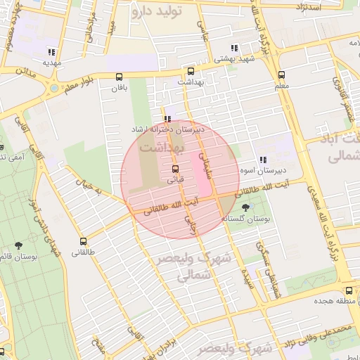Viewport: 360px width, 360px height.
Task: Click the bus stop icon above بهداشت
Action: [191, 71]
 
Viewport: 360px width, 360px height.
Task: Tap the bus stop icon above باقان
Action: [120, 77]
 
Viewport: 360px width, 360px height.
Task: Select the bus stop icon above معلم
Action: [282, 75]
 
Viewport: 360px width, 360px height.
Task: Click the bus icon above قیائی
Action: [175, 169]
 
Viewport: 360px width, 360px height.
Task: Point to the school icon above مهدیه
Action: [51, 52]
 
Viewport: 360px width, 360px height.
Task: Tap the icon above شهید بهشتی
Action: [234, 49]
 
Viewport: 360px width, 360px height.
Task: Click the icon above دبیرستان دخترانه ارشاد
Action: [167, 120]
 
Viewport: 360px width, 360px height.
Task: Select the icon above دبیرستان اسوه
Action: [264, 160]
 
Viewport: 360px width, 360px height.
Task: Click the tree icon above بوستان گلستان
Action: [245, 207]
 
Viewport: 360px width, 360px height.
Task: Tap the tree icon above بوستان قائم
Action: [18, 245]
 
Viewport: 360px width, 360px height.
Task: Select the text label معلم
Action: [281, 86]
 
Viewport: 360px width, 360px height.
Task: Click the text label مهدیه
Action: [52, 63]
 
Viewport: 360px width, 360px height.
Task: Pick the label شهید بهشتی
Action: [235, 60]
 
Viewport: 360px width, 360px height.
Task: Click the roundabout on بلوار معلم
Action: [54, 89]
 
